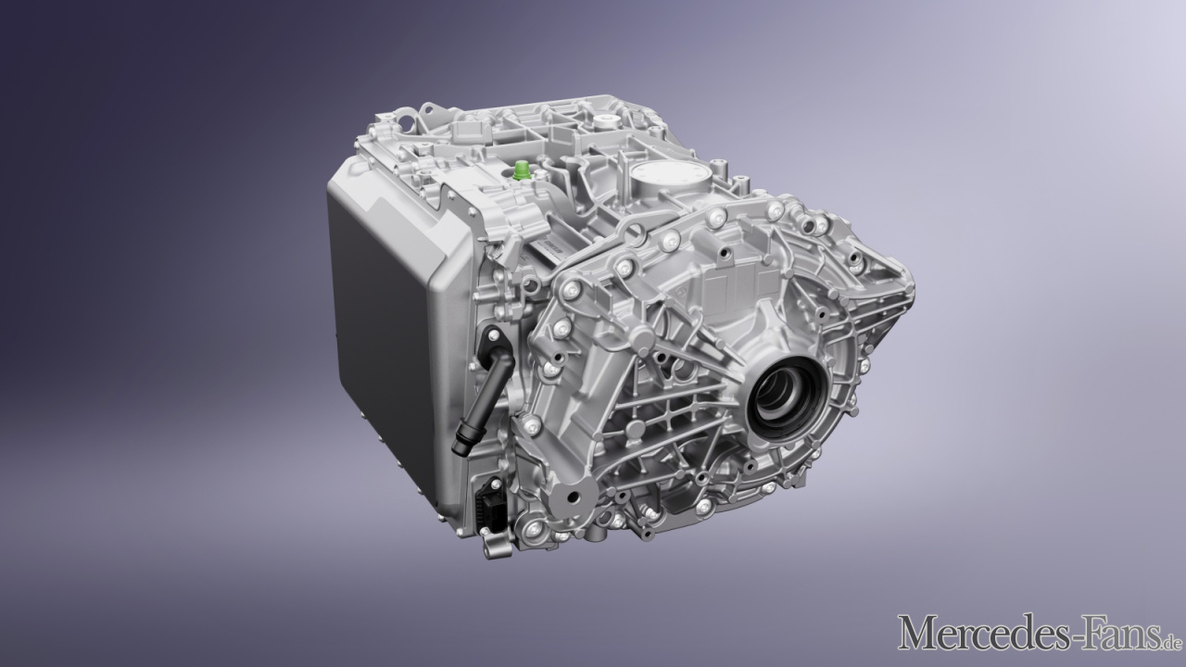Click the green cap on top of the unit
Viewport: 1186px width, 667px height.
point(522,170)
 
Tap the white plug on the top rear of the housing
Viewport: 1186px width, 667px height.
point(602,121)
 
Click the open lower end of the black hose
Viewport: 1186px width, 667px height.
point(461,447)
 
